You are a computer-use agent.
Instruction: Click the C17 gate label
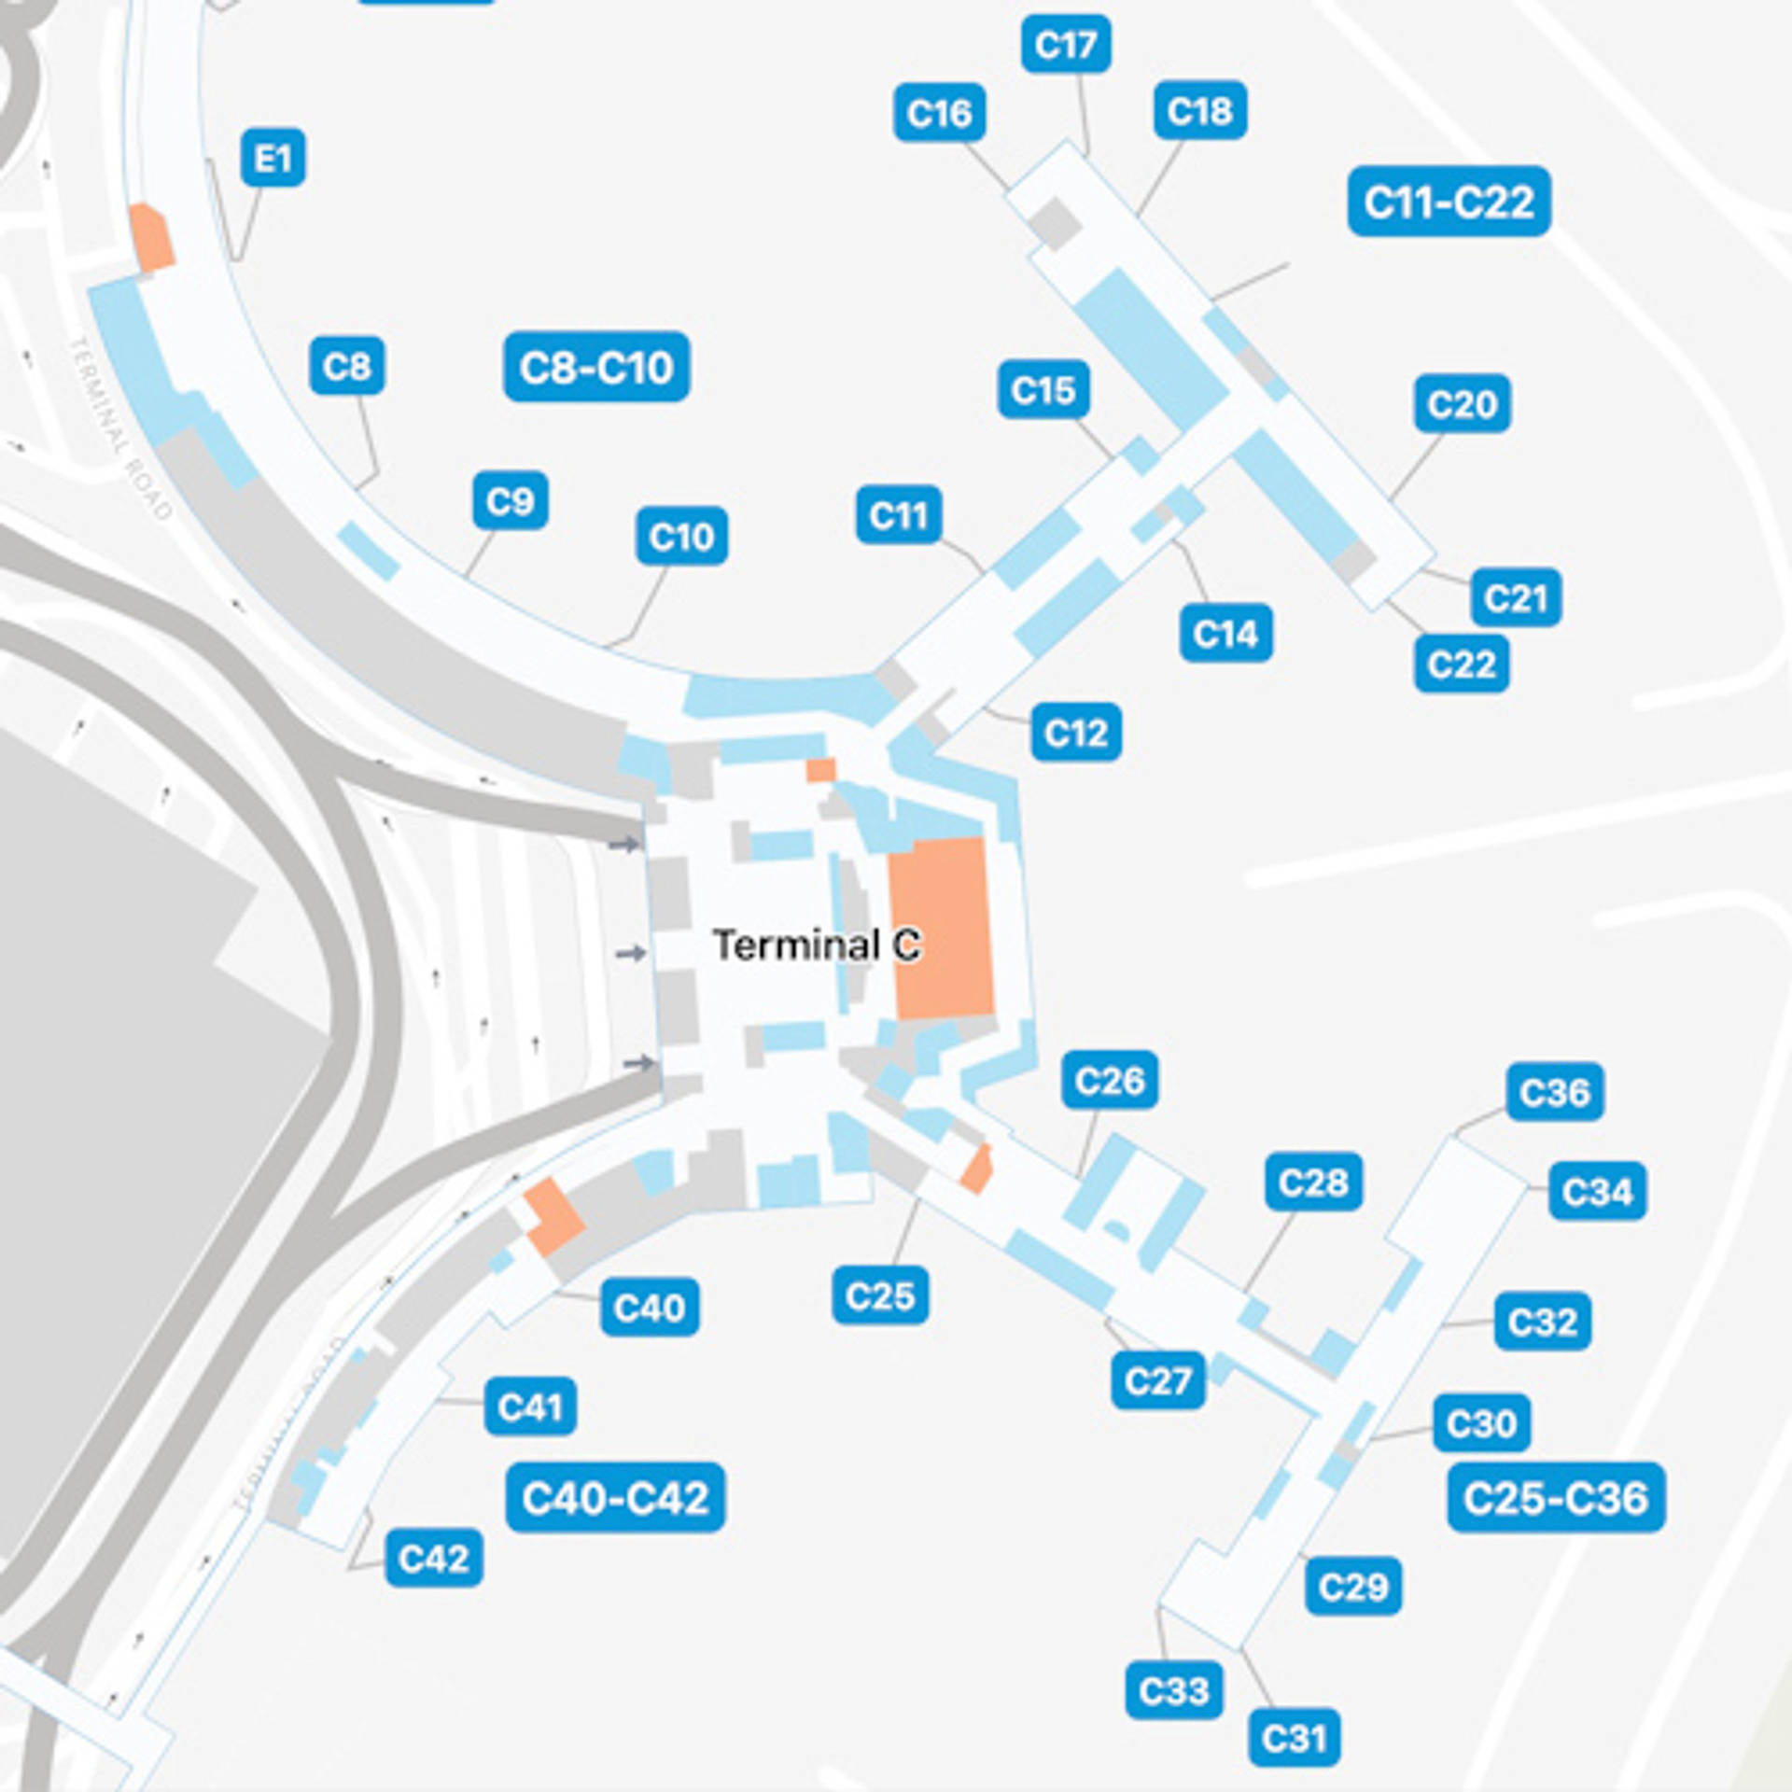tap(1066, 44)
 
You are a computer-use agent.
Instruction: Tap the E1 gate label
tap(273, 158)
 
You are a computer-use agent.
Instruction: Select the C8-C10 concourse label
tap(596, 367)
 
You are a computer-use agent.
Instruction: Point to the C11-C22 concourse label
tap(1449, 202)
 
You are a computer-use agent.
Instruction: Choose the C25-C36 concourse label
tap(1555, 1498)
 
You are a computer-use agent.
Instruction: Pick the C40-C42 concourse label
tap(615, 1498)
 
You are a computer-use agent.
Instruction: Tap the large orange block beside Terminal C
tap(941, 928)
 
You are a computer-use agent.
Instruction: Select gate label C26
tap(1109, 1081)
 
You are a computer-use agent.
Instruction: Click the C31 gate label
tap(1294, 1738)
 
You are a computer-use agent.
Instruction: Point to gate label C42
tap(434, 1558)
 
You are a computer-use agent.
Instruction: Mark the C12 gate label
tap(1076, 733)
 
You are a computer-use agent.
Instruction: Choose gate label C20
tap(1462, 404)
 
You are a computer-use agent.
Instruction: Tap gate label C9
tap(510, 501)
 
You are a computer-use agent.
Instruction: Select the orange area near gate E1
tap(151, 238)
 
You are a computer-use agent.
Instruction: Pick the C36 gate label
tap(1554, 1092)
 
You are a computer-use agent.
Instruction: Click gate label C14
tap(1225, 634)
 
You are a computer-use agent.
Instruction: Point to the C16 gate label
tap(939, 113)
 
